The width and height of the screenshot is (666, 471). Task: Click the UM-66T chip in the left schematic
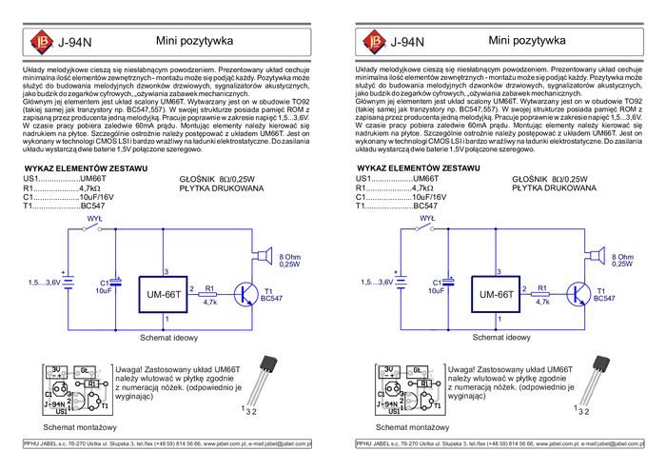click(163, 295)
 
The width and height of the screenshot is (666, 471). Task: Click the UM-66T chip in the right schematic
click(496, 295)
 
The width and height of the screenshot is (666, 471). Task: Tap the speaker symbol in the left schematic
click(263, 255)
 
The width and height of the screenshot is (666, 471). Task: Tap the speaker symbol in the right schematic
click(596, 255)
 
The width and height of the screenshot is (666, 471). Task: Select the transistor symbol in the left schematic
click(247, 294)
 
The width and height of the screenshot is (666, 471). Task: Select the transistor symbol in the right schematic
click(579, 294)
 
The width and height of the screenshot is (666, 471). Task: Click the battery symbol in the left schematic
click(69, 283)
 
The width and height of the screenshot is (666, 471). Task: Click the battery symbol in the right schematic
click(402, 283)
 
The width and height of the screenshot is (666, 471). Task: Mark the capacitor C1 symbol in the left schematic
click(116, 283)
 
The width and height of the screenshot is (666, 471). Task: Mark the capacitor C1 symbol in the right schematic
click(449, 283)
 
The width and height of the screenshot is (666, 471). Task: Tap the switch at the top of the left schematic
click(91, 226)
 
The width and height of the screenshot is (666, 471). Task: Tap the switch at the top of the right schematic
click(424, 226)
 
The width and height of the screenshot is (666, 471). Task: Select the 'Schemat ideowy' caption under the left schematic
click(168, 338)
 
